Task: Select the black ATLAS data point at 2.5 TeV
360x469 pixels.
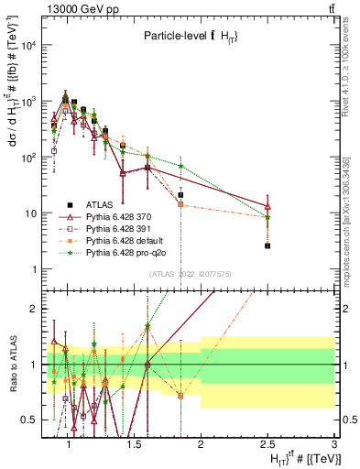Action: pos(267,245)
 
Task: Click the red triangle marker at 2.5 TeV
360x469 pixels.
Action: pos(267,206)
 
